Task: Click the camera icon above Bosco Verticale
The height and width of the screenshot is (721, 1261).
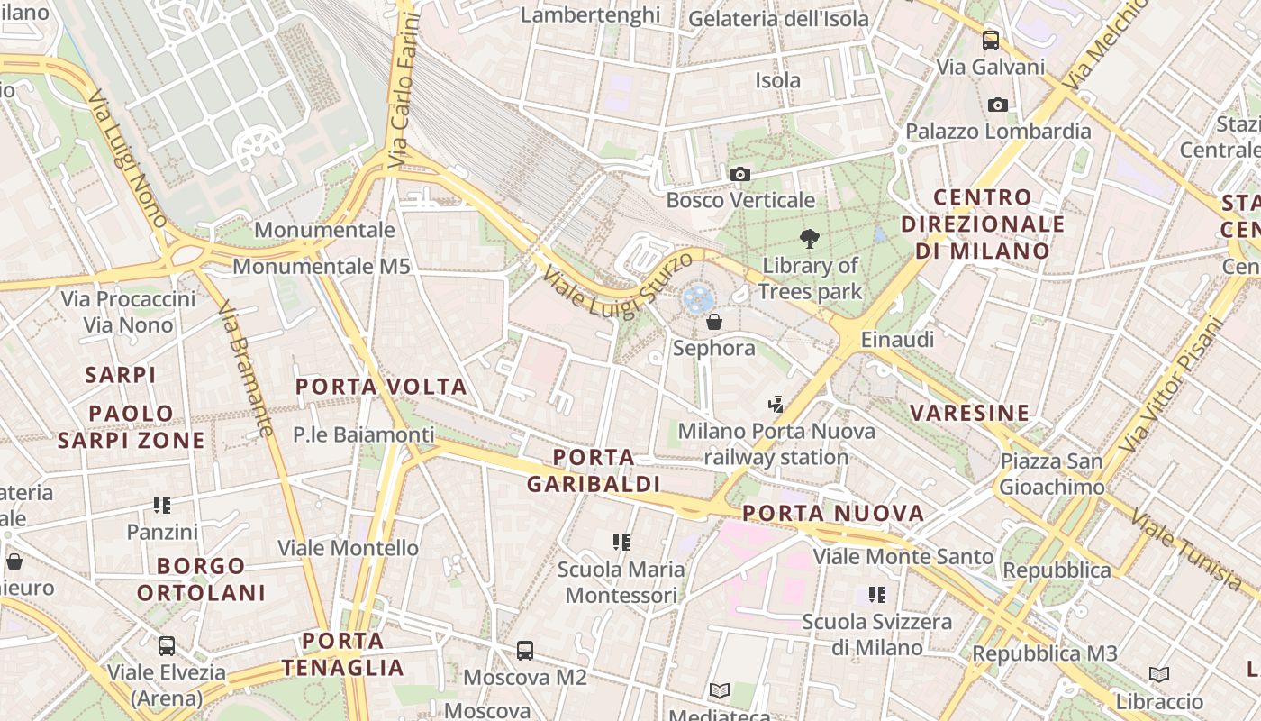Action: click(740, 174)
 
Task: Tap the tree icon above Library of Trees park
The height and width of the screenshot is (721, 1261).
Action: click(810, 239)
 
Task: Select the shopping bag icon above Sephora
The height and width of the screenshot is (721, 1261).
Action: click(714, 322)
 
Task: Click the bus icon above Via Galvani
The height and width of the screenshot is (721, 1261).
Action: click(991, 40)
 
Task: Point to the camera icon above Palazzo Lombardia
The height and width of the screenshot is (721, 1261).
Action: click(998, 105)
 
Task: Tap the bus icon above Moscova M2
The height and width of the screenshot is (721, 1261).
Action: click(525, 650)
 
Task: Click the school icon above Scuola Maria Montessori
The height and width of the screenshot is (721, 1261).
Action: click(621, 543)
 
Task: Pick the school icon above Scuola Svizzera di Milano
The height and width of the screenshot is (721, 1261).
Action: click(877, 595)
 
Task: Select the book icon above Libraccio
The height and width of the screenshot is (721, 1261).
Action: click(1159, 674)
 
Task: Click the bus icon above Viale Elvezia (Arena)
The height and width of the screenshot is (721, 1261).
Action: click(167, 645)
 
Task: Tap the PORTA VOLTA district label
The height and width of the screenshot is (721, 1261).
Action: click(382, 388)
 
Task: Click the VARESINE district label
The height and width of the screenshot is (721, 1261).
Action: click(969, 414)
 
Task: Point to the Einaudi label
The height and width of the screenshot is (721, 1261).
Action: click(897, 340)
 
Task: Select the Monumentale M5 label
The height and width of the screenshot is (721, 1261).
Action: click(322, 267)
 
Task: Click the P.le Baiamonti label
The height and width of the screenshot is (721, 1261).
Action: click(364, 435)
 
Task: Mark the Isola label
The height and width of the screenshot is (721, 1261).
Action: click(777, 81)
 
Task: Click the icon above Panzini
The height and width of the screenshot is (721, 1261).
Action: click(162, 506)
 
